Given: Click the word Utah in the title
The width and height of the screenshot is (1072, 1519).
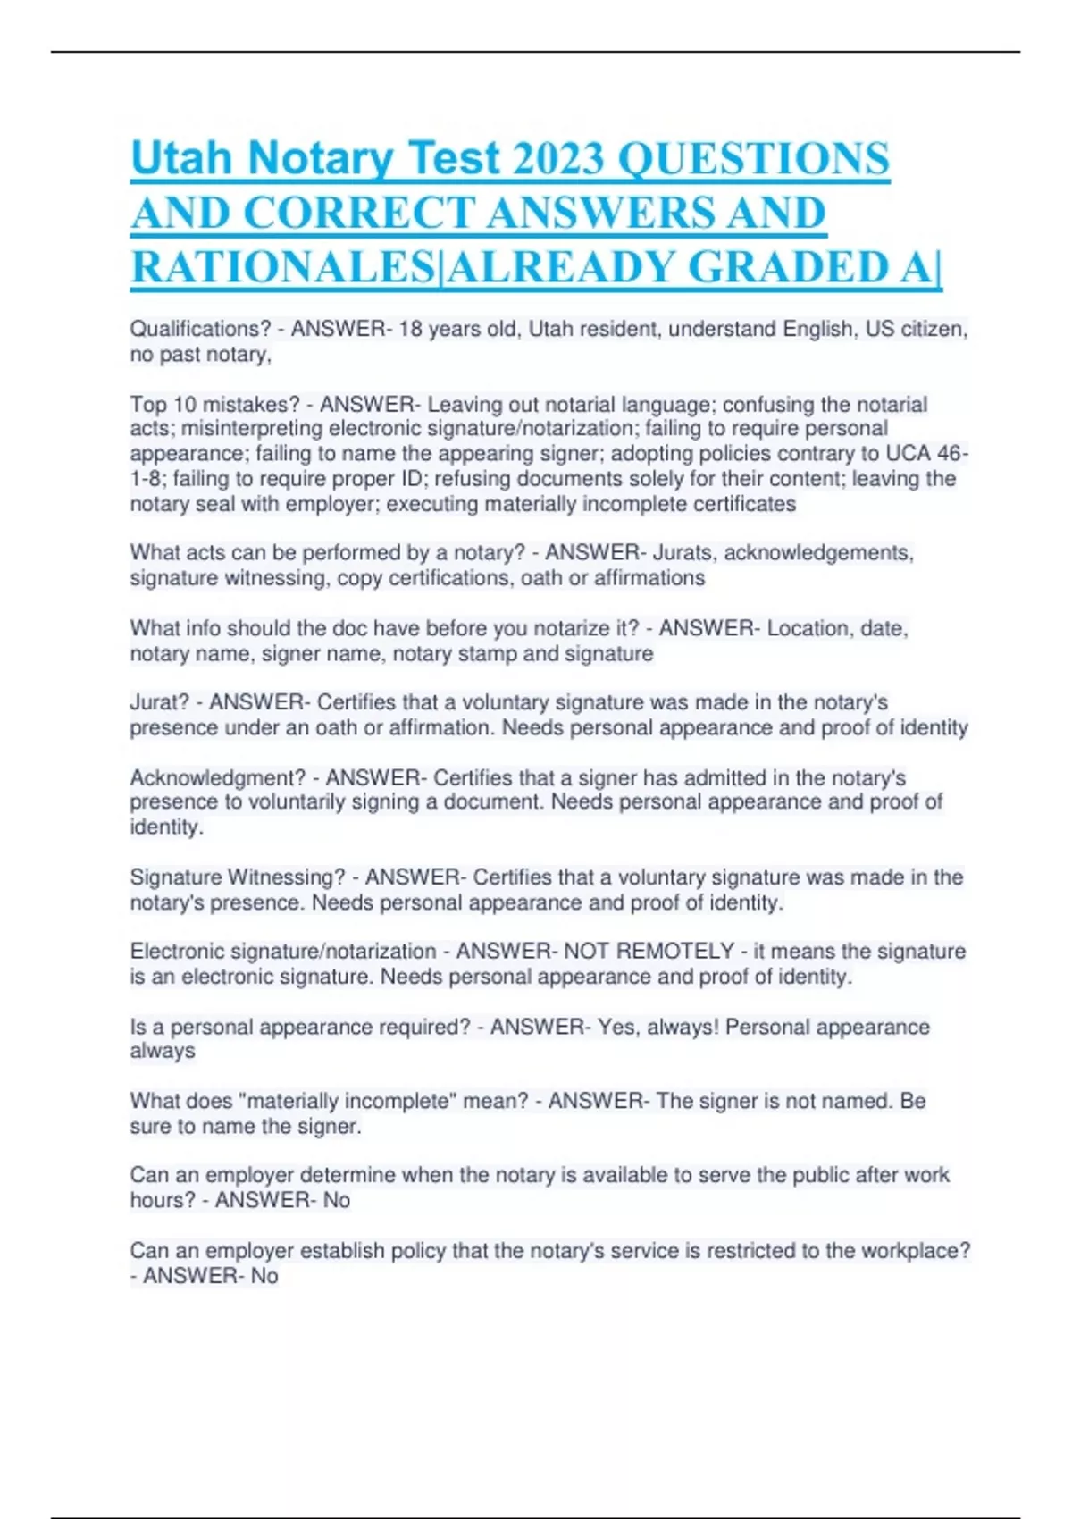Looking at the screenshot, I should (181, 158).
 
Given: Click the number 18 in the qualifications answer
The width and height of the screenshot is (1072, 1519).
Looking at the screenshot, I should (410, 329).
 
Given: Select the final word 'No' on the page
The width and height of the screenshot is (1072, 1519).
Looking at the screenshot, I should (264, 1276).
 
